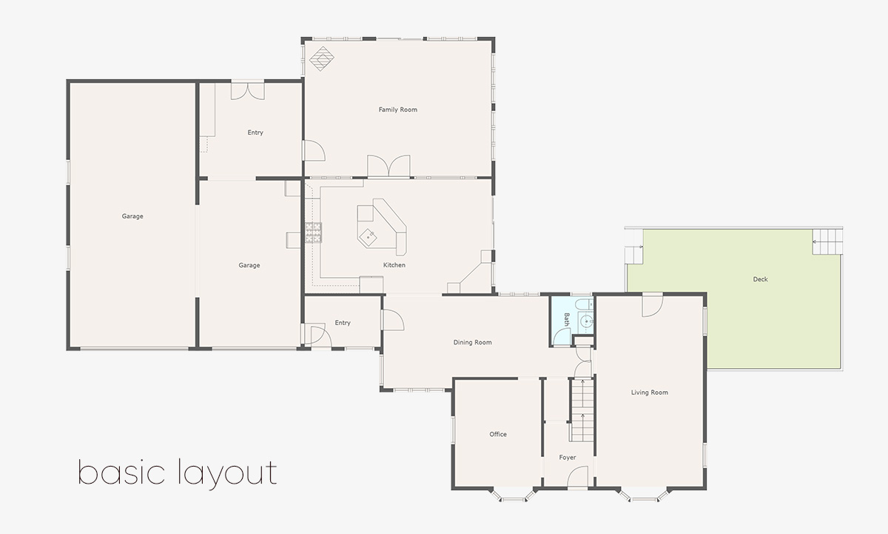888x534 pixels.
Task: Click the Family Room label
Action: [398, 110]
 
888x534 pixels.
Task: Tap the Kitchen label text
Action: [394, 265]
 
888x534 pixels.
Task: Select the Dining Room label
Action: [473, 342]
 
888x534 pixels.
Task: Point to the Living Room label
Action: [650, 393]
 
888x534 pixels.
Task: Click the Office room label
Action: [498, 434]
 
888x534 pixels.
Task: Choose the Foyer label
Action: [568, 458]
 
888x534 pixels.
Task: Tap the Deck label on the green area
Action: [760, 279]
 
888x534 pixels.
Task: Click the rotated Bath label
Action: [567, 319]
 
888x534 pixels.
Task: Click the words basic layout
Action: [178, 473]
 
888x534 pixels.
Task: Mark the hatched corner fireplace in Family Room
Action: [322, 59]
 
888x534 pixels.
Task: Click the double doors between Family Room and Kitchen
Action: [389, 167]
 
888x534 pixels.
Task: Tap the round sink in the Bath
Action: [585, 321]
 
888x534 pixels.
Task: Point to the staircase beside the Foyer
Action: [582, 409]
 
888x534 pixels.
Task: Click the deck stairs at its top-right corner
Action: [827, 241]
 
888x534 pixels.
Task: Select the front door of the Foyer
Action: [577, 478]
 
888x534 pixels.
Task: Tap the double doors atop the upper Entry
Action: [247, 90]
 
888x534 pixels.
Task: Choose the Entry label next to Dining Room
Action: [342, 323]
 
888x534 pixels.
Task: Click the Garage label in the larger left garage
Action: [132, 216]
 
